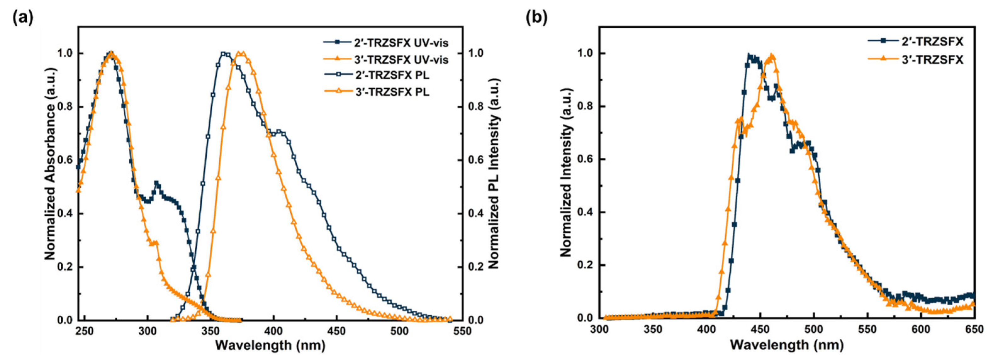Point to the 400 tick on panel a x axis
coord(273,331)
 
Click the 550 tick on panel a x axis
coord(462,331)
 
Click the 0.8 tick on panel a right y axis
coord(475,107)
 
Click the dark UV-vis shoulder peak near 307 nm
coord(156,183)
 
